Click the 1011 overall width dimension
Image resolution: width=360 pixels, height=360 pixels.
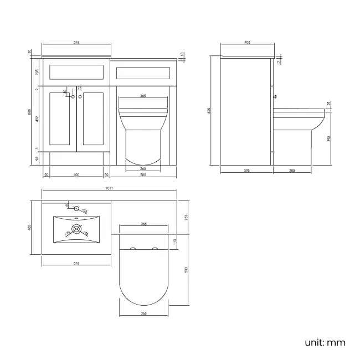coord(109,189)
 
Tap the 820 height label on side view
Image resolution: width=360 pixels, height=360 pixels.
coord(209,111)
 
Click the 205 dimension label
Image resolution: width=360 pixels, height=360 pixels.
coord(37,71)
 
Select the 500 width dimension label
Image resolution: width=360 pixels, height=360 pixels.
coord(143,174)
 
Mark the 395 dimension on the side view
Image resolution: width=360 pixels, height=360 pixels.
coord(246,171)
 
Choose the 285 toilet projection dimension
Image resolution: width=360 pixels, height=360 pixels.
coord(292,171)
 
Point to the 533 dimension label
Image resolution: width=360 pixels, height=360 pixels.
coord(186,270)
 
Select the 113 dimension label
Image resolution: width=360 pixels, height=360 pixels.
coord(176,241)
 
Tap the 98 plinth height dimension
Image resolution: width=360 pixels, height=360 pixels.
coord(37,158)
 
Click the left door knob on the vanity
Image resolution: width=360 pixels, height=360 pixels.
coord(72,97)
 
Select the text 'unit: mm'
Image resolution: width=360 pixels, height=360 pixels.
coord(325,342)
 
